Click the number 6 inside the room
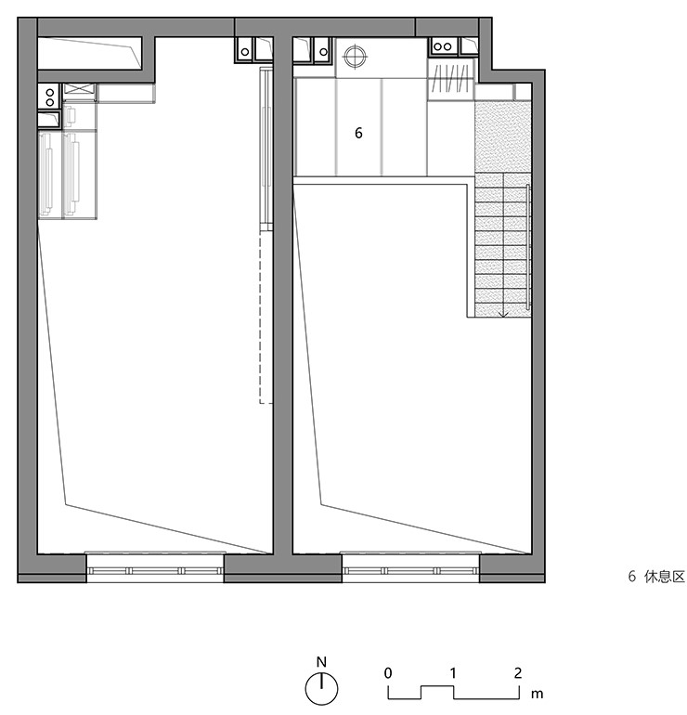click(x=358, y=133)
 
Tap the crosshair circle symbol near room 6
click(x=356, y=57)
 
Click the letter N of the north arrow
click(x=321, y=662)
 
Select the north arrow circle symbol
click(x=321, y=688)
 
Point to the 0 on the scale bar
click(x=387, y=672)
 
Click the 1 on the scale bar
click(x=453, y=672)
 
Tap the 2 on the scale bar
click(x=517, y=672)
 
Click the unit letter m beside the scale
click(x=537, y=694)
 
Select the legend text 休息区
click(x=664, y=577)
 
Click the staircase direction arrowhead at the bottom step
click(x=503, y=314)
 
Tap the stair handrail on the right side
click(x=528, y=247)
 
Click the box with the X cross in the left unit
click(x=79, y=92)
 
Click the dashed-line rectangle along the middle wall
click(x=266, y=318)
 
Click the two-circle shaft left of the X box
click(x=49, y=97)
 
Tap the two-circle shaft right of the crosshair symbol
click(x=443, y=46)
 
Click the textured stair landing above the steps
click(x=503, y=136)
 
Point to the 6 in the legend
click(x=632, y=577)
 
